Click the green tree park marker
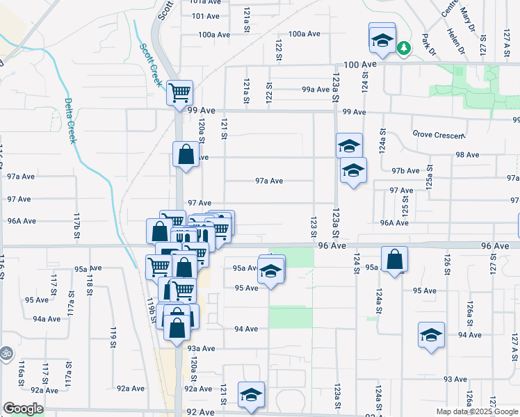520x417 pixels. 404,47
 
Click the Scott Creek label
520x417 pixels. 152,65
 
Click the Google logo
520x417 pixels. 24,409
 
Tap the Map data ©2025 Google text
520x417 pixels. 476,411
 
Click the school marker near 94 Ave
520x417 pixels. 431,335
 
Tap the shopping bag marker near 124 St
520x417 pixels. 394,259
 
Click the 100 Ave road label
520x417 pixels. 359,64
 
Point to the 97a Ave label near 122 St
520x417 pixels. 269,181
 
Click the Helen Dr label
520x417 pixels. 457,40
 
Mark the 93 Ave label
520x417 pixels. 455,379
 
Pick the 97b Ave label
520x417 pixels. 405,170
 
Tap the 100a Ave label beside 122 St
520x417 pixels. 304,33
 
